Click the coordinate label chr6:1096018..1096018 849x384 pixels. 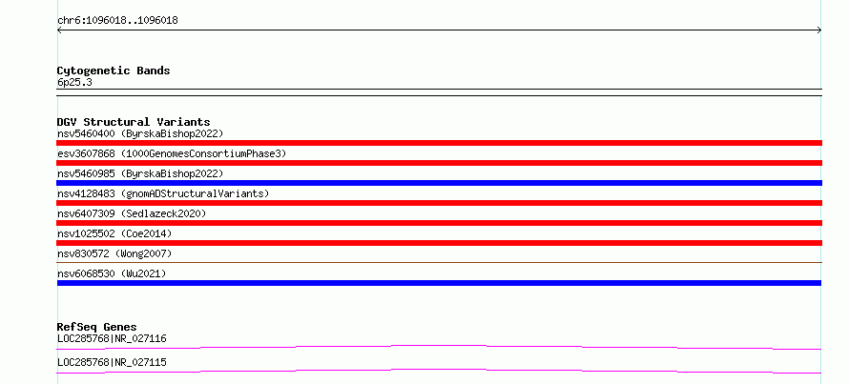click(x=117, y=21)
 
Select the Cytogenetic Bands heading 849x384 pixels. click(x=114, y=71)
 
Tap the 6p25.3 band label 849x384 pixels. click(x=74, y=83)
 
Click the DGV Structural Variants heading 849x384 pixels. click(x=134, y=122)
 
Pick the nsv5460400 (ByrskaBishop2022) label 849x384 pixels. click(x=140, y=133)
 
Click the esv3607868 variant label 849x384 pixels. click(x=172, y=153)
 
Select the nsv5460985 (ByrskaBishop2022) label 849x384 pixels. click(x=140, y=173)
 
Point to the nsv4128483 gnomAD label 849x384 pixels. click(x=163, y=193)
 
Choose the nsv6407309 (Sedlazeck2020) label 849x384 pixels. click(x=132, y=213)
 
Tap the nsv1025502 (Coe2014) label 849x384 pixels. click(x=114, y=233)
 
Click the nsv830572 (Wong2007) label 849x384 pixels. click(x=114, y=253)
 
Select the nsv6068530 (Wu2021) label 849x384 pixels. click(x=112, y=273)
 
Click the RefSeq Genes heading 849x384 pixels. click(x=97, y=327)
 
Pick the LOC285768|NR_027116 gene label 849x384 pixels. click(x=112, y=339)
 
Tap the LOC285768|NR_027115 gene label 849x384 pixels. click(x=112, y=362)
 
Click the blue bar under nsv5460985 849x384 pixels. click(x=439, y=183)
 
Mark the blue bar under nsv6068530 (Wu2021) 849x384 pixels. click(x=439, y=283)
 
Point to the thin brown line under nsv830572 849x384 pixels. click(x=439, y=262)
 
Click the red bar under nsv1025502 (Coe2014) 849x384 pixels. click(x=439, y=243)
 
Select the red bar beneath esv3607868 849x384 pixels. click(x=439, y=163)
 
